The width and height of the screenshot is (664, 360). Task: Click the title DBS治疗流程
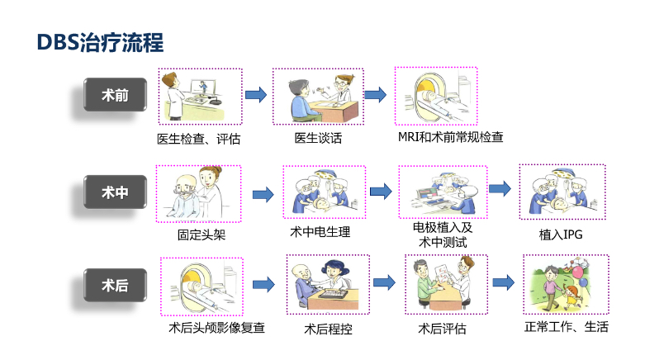(x=101, y=42)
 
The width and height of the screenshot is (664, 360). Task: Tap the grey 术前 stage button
(x=115, y=94)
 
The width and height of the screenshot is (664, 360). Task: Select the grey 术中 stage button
(x=115, y=192)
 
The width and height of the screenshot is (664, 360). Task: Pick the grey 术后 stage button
(x=115, y=285)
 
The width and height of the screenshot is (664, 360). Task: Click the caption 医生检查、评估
(x=198, y=139)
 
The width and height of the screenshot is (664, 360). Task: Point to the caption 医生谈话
(x=318, y=138)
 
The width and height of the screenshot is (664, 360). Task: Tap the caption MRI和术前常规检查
(x=451, y=137)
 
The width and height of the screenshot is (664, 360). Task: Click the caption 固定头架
(x=202, y=234)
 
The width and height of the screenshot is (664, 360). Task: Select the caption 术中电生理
(x=320, y=232)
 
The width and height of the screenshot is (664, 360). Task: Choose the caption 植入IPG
(x=561, y=234)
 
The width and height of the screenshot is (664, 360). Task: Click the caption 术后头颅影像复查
(x=217, y=328)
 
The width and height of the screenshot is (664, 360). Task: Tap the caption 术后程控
(x=328, y=329)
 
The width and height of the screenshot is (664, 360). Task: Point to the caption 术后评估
(x=442, y=329)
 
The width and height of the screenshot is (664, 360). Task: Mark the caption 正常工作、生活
(x=567, y=326)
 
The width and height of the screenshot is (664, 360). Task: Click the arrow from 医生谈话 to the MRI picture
(x=376, y=94)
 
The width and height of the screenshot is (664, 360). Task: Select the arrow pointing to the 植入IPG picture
(x=500, y=188)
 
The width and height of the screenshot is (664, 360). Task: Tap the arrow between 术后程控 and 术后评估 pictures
(x=385, y=282)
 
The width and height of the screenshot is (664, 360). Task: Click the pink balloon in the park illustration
(x=578, y=272)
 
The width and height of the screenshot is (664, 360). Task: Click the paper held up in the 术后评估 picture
(x=442, y=272)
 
